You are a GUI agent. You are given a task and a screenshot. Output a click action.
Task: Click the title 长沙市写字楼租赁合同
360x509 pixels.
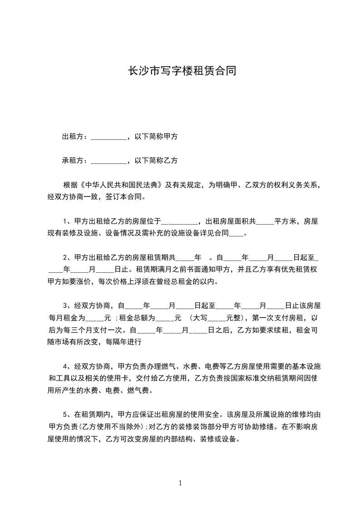click(180, 71)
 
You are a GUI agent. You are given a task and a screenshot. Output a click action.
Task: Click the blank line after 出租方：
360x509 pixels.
click(109, 137)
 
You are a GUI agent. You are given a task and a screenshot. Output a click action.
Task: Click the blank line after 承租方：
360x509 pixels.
click(109, 161)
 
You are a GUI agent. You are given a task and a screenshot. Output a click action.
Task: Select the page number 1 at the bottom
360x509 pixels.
click(180, 483)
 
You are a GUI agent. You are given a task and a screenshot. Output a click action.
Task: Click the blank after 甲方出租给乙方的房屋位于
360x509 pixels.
click(180, 222)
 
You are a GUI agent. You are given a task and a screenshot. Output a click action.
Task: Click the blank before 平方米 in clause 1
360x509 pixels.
click(265, 222)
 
